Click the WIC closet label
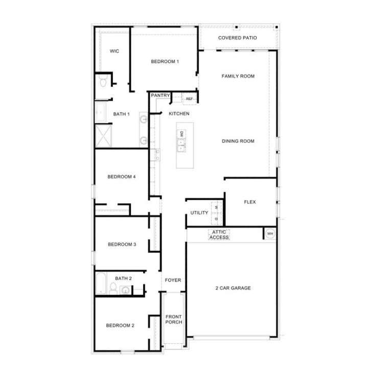(114, 51)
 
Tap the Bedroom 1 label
(165, 62)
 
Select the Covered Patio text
(237, 38)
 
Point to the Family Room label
(238, 76)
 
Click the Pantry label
(160, 96)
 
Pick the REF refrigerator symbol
(189, 99)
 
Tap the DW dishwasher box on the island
(181, 134)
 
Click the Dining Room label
(238, 141)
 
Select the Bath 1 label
(122, 114)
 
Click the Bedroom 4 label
(121, 177)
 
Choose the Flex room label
(250, 202)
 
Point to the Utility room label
(199, 213)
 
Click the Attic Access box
(219, 235)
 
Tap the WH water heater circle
(270, 234)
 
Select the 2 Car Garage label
(233, 288)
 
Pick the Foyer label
(172, 280)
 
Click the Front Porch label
(173, 319)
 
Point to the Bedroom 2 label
(120, 325)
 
